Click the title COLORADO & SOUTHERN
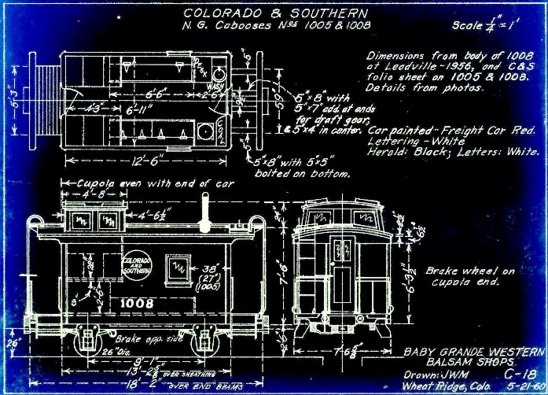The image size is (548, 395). coord(274,13)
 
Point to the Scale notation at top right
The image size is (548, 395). coord(485,26)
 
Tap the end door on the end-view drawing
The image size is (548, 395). coord(342,287)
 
